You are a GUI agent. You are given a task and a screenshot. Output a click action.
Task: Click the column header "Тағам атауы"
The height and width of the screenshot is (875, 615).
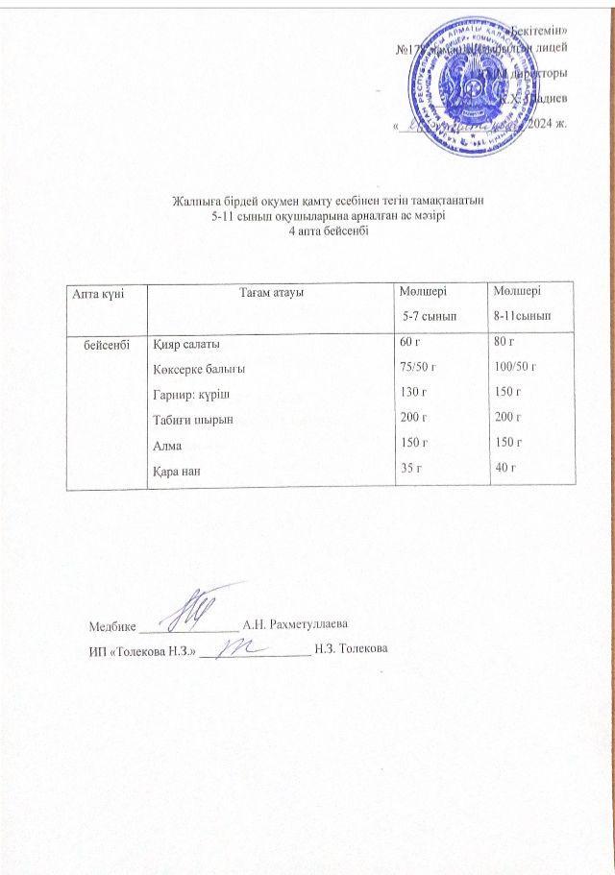pyautogui.click(x=272, y=292)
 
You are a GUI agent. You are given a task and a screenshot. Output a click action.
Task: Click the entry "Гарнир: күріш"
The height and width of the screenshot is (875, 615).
pyautogui.click(x=192, y=394)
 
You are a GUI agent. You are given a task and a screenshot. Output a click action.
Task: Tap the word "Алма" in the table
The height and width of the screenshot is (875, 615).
pyautogui.click(x=167, y=445)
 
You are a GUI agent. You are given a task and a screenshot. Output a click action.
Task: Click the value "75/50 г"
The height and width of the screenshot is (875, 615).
pyautogui.click(x=418, y=366)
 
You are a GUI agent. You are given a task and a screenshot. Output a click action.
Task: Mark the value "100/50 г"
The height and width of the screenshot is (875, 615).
pyautogui.click(x=515, y=366)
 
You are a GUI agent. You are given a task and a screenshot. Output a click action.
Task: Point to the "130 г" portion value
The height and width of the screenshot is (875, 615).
pyautogui.click(x=412, y=392)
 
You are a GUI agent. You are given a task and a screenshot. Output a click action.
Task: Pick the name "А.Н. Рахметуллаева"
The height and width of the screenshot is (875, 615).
pyautogui.click(x=294, y=625)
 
